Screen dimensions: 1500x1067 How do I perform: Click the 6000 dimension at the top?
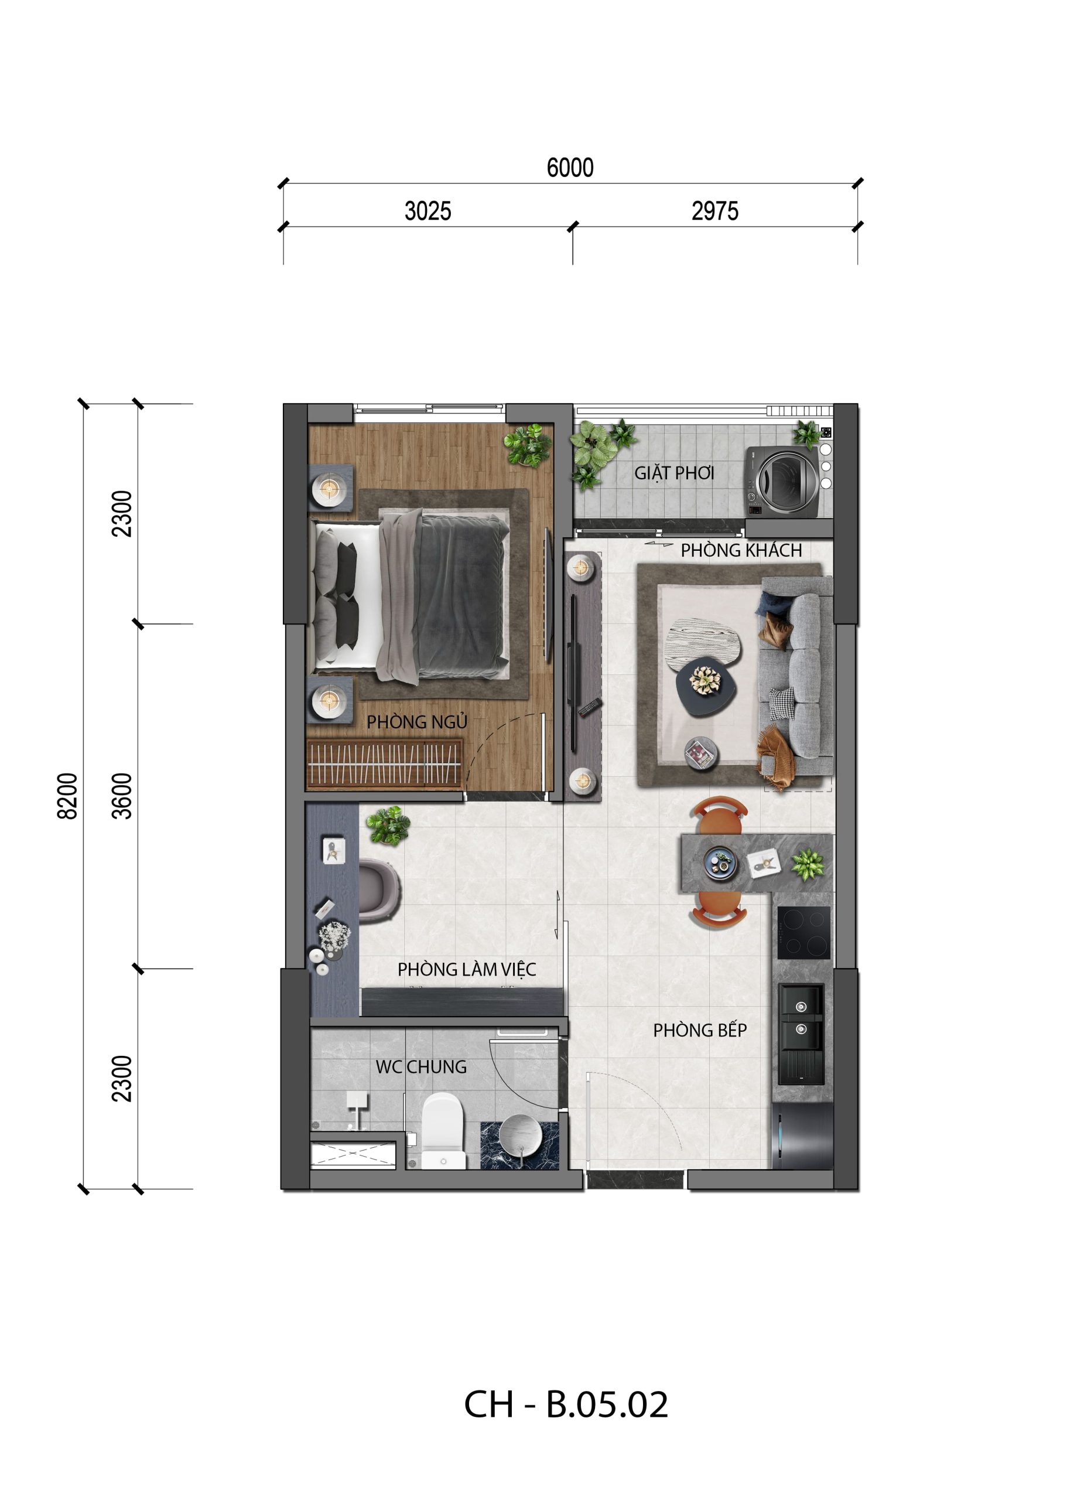[570, 168]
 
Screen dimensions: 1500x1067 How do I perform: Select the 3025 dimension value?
[428, 211]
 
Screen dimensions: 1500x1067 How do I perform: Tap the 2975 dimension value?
[715, 211]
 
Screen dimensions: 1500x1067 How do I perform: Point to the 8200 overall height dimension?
[68, 796]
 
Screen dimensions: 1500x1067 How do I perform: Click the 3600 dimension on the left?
[122, 796]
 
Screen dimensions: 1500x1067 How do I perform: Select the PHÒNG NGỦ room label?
[416, 722]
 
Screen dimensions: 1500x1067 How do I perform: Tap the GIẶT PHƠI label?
[673, 473]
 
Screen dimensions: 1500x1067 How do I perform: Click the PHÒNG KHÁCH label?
[741, 550]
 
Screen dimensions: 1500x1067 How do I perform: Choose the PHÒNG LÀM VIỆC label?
[467, 970]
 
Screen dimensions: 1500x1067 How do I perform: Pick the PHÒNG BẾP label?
[700, 1030]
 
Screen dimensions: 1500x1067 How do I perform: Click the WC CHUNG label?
[421, 1067]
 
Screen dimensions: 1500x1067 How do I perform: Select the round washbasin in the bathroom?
[521, 1135]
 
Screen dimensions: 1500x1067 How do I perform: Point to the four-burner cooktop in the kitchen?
[803, 933]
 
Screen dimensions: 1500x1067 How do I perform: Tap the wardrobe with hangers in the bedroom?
[384, 764]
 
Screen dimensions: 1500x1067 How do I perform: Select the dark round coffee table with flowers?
[706, 686]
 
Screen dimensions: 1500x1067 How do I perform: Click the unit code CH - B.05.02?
[566, 1404]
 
